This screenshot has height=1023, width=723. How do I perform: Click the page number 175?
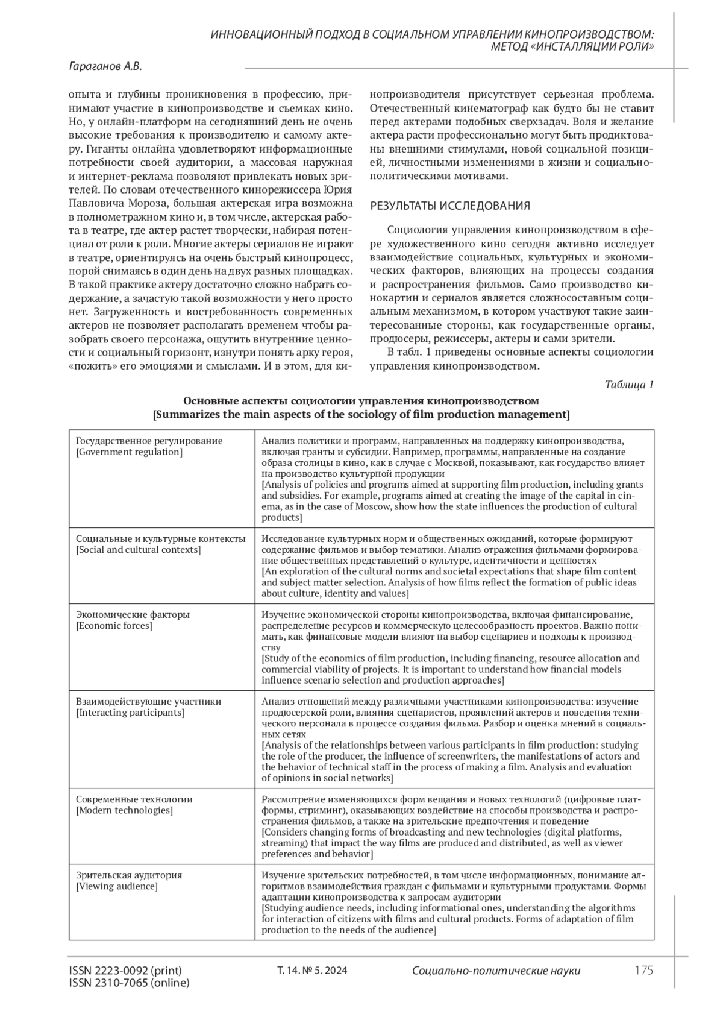[x=643, y=970]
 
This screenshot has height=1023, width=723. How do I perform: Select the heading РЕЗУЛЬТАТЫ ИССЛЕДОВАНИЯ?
[x=449, y=206]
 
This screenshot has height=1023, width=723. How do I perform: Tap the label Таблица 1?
[x=629, y=385]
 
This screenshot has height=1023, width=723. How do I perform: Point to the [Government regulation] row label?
[x=129, y=452]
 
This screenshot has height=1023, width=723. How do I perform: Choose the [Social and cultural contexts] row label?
[x=139, y=550]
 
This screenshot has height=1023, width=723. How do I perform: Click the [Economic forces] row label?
[x=114, y=626]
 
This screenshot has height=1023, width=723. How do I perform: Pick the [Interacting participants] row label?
[x=130, y=713]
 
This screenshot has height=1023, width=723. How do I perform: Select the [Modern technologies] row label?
[x=124, y=810]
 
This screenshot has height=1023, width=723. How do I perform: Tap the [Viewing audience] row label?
[x=117, y=886]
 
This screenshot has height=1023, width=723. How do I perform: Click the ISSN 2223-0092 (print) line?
[x=125, y=971]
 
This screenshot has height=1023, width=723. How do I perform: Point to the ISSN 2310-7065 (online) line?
[x=130, y=983]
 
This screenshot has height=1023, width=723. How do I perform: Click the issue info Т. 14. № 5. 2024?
[x=312, y=971]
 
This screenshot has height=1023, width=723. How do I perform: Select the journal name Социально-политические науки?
[x=496, y=971]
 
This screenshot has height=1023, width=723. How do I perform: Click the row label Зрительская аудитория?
[x=129, y=875]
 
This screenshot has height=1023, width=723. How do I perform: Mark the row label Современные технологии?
[x=134, y=799]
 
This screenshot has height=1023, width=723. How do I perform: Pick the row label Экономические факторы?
[x=133, y=615]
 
